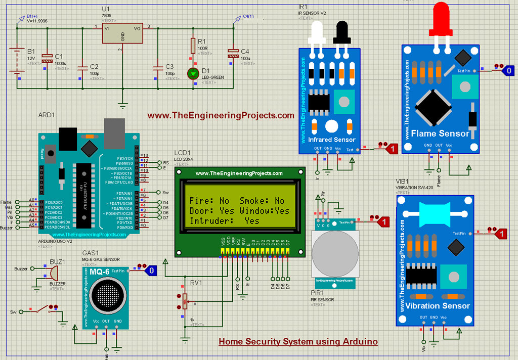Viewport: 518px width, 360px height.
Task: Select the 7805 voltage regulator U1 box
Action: click(x=122, y=35)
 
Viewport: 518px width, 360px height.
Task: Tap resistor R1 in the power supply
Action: click(x=193, y=46)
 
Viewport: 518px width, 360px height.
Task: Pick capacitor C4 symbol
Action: click(x=233, y=54)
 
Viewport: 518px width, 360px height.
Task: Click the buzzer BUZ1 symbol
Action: click(x=52, y=274)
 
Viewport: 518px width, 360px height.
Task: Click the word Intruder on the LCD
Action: click(x=207, y=221)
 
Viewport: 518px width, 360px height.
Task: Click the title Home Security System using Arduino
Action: click(x=298, y=342)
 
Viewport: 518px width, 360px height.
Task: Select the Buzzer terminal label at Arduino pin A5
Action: click(x=7, y=228)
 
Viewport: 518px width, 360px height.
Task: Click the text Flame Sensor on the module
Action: click(x=440, y=134)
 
